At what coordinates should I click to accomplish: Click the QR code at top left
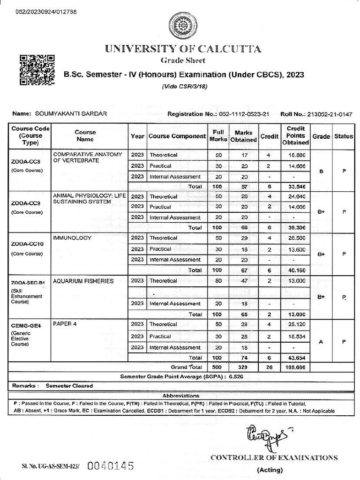point(37,69)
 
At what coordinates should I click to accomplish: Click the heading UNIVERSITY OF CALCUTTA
point(183,49)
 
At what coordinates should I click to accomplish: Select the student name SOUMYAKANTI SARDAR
point(67,114)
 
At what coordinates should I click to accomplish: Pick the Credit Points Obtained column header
point(295,135)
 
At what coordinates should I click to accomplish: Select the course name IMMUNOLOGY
point(72,238)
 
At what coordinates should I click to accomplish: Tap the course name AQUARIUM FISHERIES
point(83,281)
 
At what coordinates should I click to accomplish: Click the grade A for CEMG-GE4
point(321,342)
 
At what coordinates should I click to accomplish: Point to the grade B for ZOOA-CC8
point(321,171)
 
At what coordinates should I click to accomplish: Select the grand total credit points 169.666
point(295,367)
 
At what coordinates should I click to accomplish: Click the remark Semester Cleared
point(69,386)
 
